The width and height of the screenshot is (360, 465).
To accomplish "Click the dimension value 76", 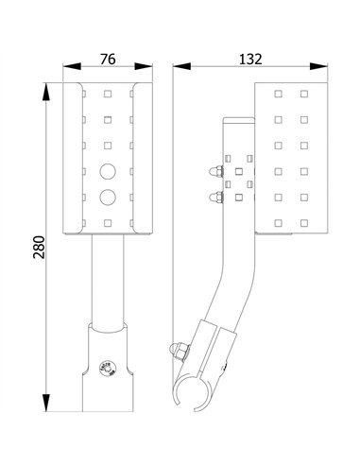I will pyautogui.click(x=108, y=59).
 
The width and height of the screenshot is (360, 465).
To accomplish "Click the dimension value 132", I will pyautogui.click(x=251, y=59).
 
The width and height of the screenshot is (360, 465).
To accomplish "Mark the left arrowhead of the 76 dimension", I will pyautogui.click(x=67, y=68).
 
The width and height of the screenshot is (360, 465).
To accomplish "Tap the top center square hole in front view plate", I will pyautogui.click(x=109, y=94).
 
